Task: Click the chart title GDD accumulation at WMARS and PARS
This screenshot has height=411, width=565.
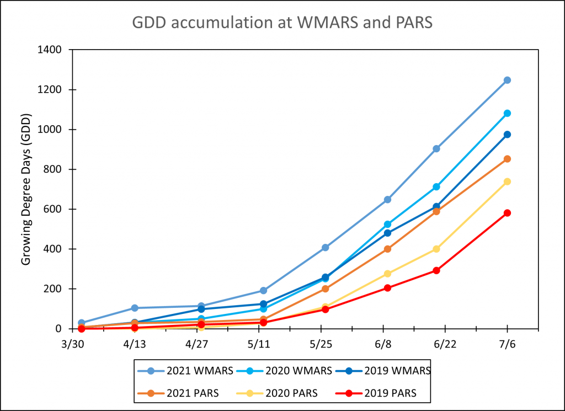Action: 282,23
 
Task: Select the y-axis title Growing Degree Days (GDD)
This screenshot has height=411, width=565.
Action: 26,189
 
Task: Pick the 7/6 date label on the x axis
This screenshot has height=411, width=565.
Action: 508,343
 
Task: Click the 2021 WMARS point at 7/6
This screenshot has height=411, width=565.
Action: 507,80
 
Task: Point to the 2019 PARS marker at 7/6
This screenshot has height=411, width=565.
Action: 507,213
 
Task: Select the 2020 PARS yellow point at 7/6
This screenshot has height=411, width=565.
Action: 507,182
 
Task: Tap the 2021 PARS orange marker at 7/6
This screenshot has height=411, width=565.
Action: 507,159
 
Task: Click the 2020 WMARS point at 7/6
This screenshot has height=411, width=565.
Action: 507,113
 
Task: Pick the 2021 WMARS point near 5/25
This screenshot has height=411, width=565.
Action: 326,248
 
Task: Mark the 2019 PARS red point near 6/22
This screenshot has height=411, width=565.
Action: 436,270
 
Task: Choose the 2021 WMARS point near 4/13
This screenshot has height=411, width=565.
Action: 135,308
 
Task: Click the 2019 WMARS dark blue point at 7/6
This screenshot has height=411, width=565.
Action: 507,135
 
